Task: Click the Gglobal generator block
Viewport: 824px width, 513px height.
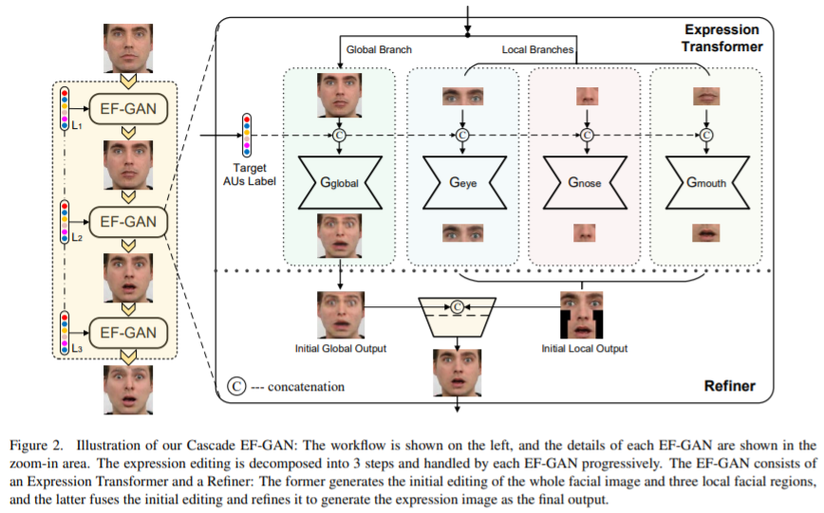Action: click(338, 182)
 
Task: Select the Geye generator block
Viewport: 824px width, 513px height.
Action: click(462, 182)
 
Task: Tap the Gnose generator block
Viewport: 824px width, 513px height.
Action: click(586, 182)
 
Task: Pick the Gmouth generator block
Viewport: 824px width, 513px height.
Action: click(706, 182)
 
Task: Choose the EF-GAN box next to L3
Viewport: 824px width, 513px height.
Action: click(128, 332)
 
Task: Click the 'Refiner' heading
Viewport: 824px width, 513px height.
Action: click(730, 386)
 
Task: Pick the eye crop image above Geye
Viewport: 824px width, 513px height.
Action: click(463, 97)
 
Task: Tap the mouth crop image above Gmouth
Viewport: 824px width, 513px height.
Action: click(706, 97)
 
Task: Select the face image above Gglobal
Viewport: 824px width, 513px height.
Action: click(338, 95)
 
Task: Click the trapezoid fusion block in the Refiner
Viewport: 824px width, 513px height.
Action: click(459, 316)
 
